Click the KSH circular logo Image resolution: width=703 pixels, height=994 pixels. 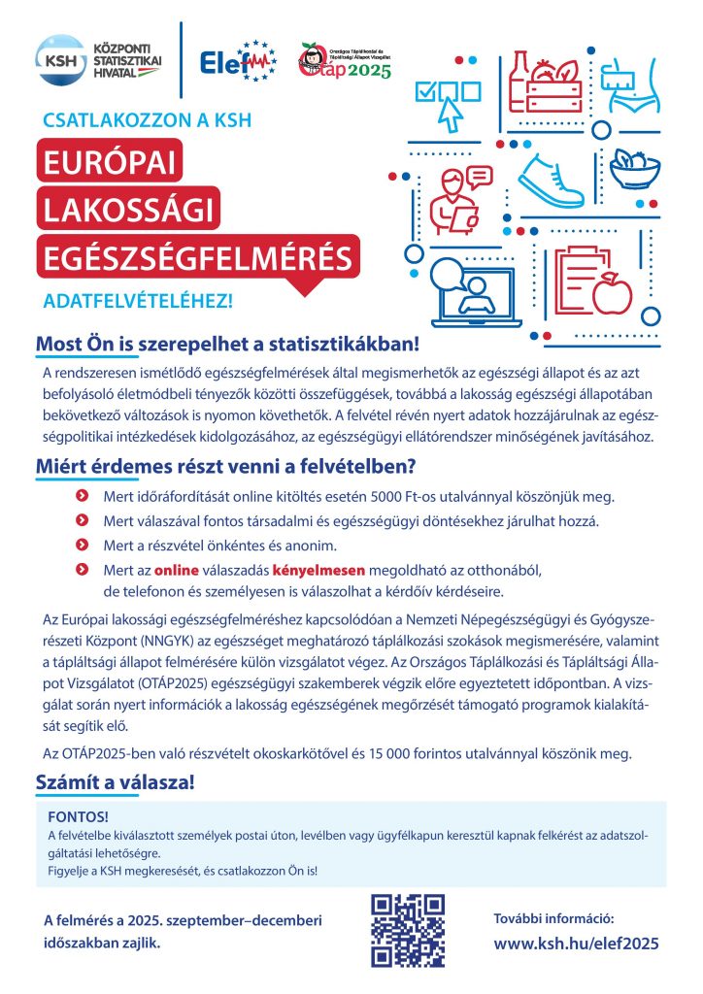point(57,59)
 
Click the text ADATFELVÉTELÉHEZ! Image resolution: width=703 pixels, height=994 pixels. point(139,301)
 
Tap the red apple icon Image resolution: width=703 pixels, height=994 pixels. point(613,292)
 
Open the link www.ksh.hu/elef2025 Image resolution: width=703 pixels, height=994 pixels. point(577,942)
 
